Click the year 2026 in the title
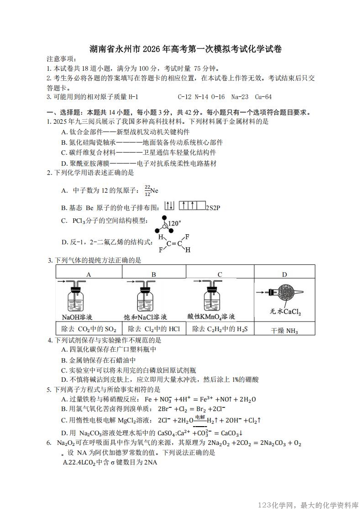[x=155, y=49]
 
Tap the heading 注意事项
[x=62, y=59]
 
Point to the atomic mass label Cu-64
[x=263, y=97]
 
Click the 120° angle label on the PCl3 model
[x=175, y=223]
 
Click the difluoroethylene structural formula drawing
[x=174, y=243]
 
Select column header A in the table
[x=89, y=274]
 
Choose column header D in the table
[x=284, y=274]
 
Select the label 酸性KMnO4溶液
[x=211, y=317]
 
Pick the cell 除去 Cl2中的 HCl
[x=154, y=329]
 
